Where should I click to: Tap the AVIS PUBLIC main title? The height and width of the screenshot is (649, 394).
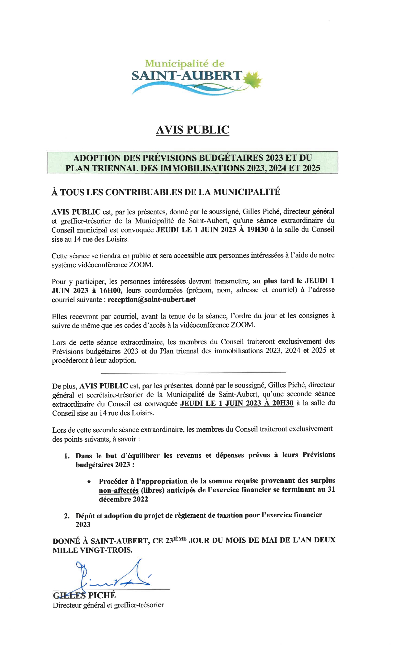click(193, 130)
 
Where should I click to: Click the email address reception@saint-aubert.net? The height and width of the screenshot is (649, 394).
click(152, 299)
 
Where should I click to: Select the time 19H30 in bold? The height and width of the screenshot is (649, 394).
click(258, 229)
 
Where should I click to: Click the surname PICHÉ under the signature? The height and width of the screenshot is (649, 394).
click(102, 595)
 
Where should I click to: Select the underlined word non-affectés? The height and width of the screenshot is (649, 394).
click(119, 490)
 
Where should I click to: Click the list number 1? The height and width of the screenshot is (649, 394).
click(66, 456)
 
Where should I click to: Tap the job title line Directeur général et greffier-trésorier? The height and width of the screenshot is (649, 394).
click(108, 605)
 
